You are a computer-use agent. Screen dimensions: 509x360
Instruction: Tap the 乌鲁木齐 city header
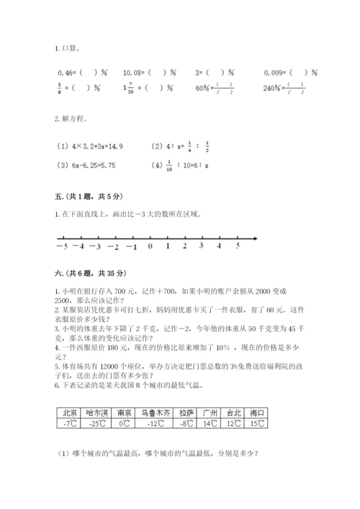click(x=153, y=413)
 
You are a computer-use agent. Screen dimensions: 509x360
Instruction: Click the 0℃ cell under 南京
click(x=124, y=424)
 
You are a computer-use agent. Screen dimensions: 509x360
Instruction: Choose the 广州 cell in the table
click(x=210, y=413)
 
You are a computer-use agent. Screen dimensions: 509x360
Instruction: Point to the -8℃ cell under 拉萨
click(x=186, y=424)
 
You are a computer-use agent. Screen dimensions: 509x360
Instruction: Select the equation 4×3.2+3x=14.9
click(x=90, y=146)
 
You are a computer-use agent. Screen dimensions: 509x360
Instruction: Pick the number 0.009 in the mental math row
click(x=276, y=73)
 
